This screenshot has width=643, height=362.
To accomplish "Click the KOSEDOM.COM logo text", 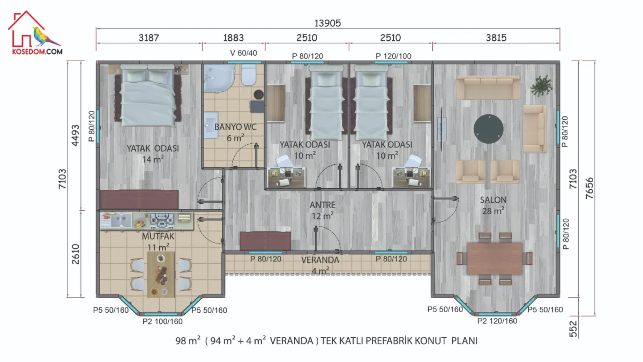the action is [x=38, y=51].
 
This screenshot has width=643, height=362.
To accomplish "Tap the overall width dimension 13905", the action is [x=327, y=23].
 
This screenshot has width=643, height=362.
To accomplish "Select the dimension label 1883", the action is [x=234, y=38].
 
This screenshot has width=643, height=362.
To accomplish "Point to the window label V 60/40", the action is [x=243, y=53].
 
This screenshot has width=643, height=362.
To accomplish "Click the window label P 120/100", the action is [x=393, y=56].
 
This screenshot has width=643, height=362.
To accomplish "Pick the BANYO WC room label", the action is [x=235, y=127].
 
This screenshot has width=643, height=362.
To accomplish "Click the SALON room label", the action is [x=493, y=200].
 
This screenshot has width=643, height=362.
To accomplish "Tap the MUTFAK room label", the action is [x=158, y=237].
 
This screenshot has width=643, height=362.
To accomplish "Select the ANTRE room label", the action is [x=323, y=205].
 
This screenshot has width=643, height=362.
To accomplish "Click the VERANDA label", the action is [x=320, y=260].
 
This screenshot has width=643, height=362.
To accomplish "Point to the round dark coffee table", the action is [x=488, y=129].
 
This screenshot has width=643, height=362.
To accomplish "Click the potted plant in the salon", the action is [x=541, y=86].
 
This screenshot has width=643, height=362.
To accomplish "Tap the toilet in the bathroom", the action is [x=248, y=75].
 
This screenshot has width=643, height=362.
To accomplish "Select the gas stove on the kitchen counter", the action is [x=162, y=220].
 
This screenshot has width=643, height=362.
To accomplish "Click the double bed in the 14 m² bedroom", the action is [x=147, y=95].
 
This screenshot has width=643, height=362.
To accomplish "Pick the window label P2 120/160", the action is [x=497, y=321].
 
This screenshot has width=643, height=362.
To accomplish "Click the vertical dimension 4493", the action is [x=75, y=135].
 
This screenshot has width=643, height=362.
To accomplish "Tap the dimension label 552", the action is [x=572, y=329].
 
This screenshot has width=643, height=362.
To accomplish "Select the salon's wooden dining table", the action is [x=495, y=258].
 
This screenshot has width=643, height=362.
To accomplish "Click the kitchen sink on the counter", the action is [x=121, y=220].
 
